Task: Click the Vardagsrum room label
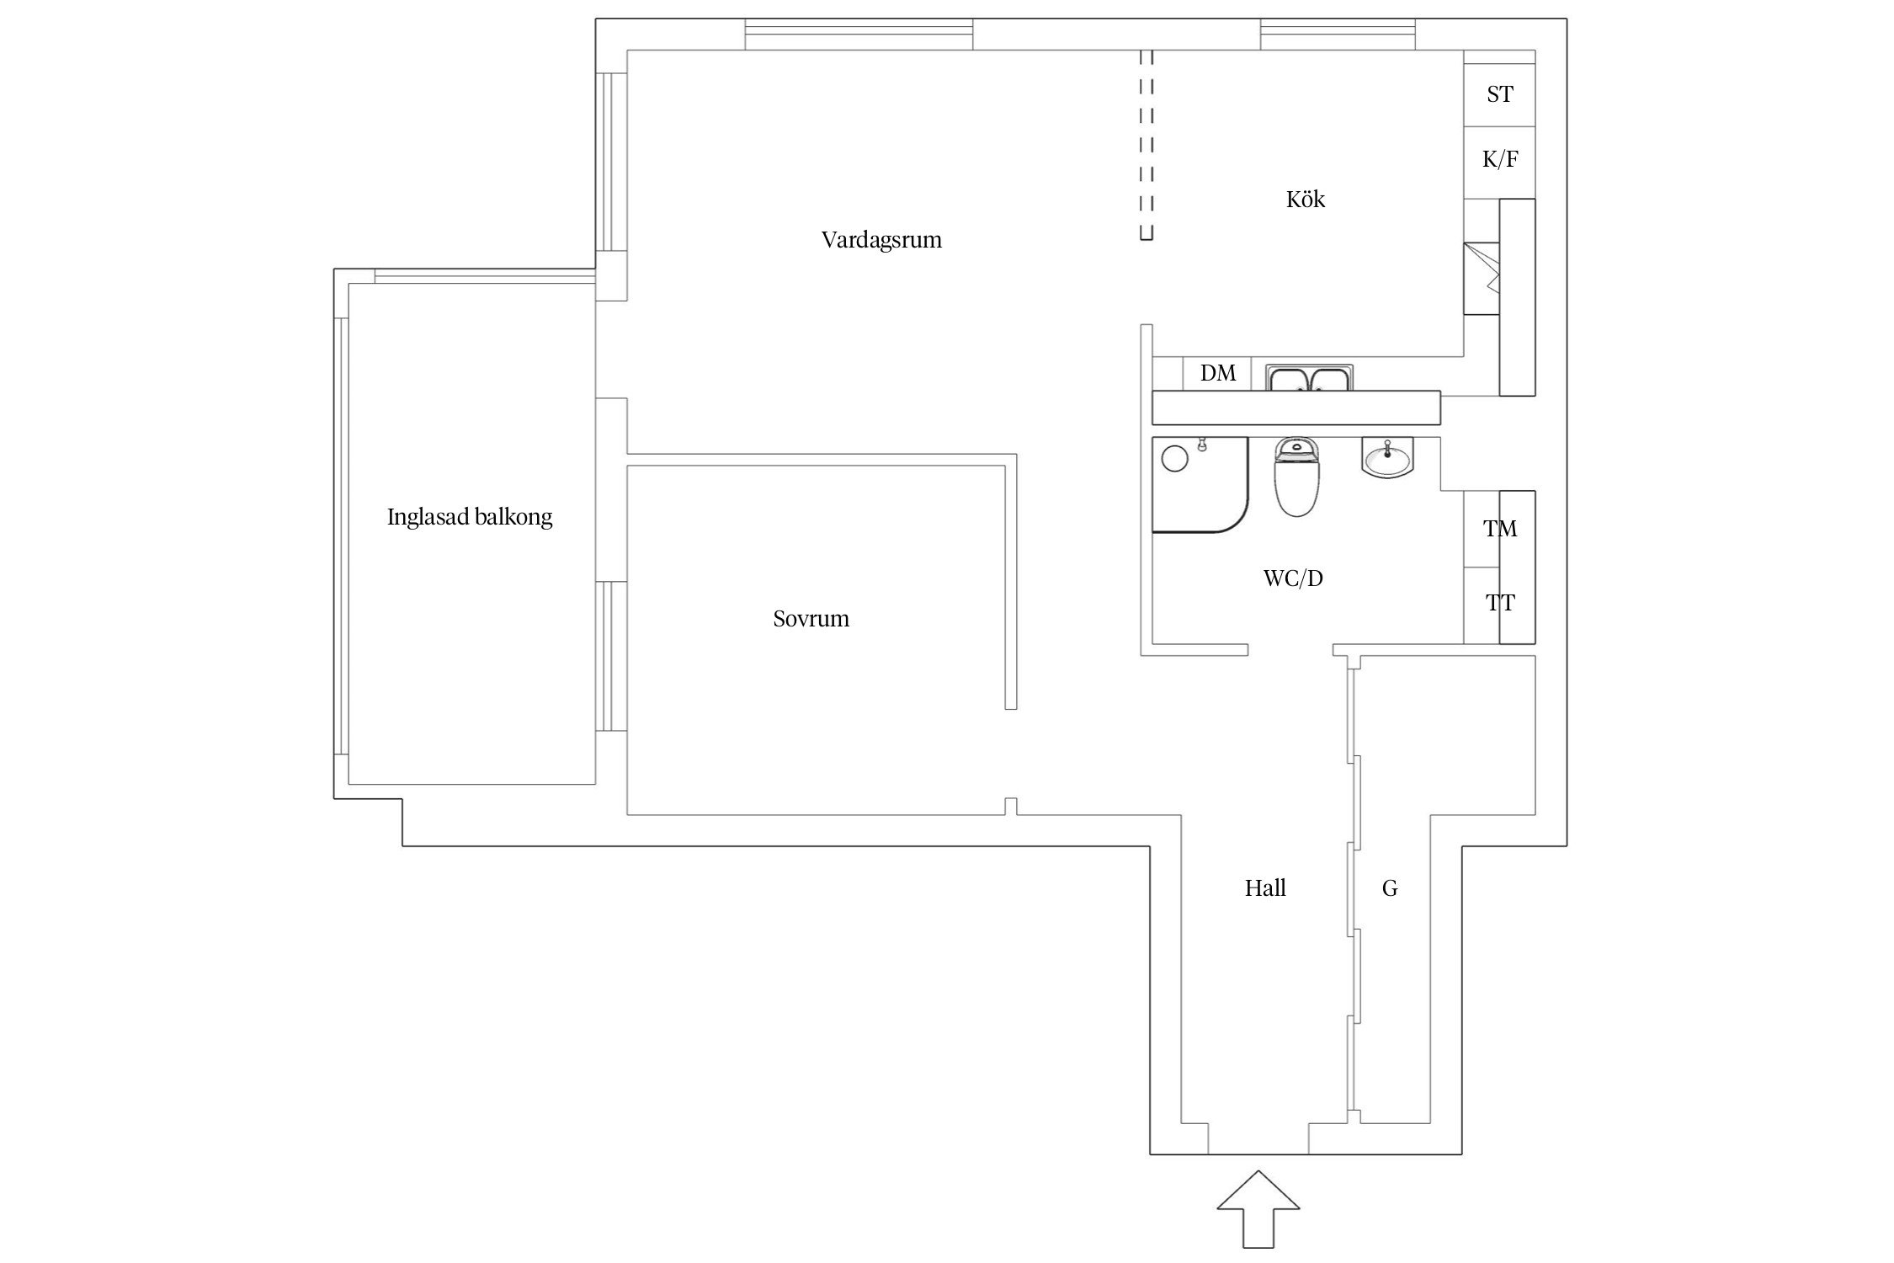coord(881,240)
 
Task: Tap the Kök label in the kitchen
coord(1305,200)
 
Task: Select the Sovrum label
coord(811,619)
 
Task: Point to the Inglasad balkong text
coord(470,517)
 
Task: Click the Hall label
coord(1265,888)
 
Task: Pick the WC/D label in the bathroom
coord(1293,578)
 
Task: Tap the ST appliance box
coord(1499,94)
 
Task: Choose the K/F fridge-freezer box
coord(1499,159)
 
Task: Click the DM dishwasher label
coord(1217,373)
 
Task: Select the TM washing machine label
coord(1499,529)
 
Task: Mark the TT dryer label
coord(1499,603)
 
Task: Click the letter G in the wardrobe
coord(1390,888)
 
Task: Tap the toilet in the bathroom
coord(1295,480)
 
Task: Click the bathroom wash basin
coord(1387,459)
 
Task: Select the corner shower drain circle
coord(1174,459)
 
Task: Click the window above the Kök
coord(1338,35)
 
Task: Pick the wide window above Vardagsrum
coord(859,35)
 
